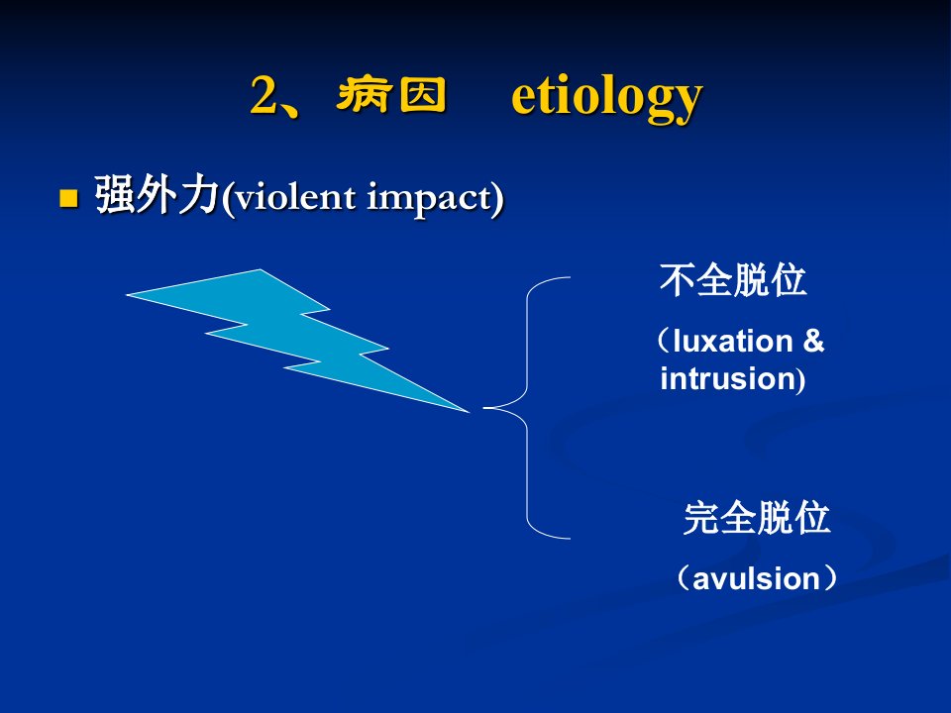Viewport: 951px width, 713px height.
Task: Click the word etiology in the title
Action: point(606,98)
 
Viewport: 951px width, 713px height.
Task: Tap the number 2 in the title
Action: point(264,96)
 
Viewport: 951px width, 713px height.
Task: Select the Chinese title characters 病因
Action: point(391,95)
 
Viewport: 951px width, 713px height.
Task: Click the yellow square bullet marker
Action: point(69,198)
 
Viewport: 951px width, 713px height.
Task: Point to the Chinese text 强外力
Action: point(157,195)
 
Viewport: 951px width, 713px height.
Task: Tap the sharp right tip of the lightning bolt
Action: point(469,412)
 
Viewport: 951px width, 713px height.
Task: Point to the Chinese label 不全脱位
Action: point(733,280)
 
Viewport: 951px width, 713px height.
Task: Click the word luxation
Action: point(733,342)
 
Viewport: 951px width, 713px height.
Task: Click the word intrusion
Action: point(728,379)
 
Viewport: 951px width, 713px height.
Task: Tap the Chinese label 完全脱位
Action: point(756,518)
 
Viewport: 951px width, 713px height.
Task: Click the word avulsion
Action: point(756,579)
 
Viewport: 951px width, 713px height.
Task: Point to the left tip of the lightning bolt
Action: point(127,295)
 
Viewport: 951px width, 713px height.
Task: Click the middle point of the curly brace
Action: point(484,408)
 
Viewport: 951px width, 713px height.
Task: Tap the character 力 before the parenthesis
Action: point(198,195)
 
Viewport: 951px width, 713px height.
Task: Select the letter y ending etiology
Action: point(688,103)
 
